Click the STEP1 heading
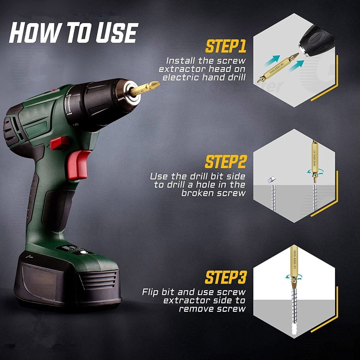tap(226, 46)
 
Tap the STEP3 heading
tap(225, 277)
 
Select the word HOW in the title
tap(30, 33)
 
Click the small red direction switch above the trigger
tap(59, 143)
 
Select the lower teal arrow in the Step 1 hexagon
tap(296, 66)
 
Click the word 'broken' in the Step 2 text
tap(198, 193)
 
